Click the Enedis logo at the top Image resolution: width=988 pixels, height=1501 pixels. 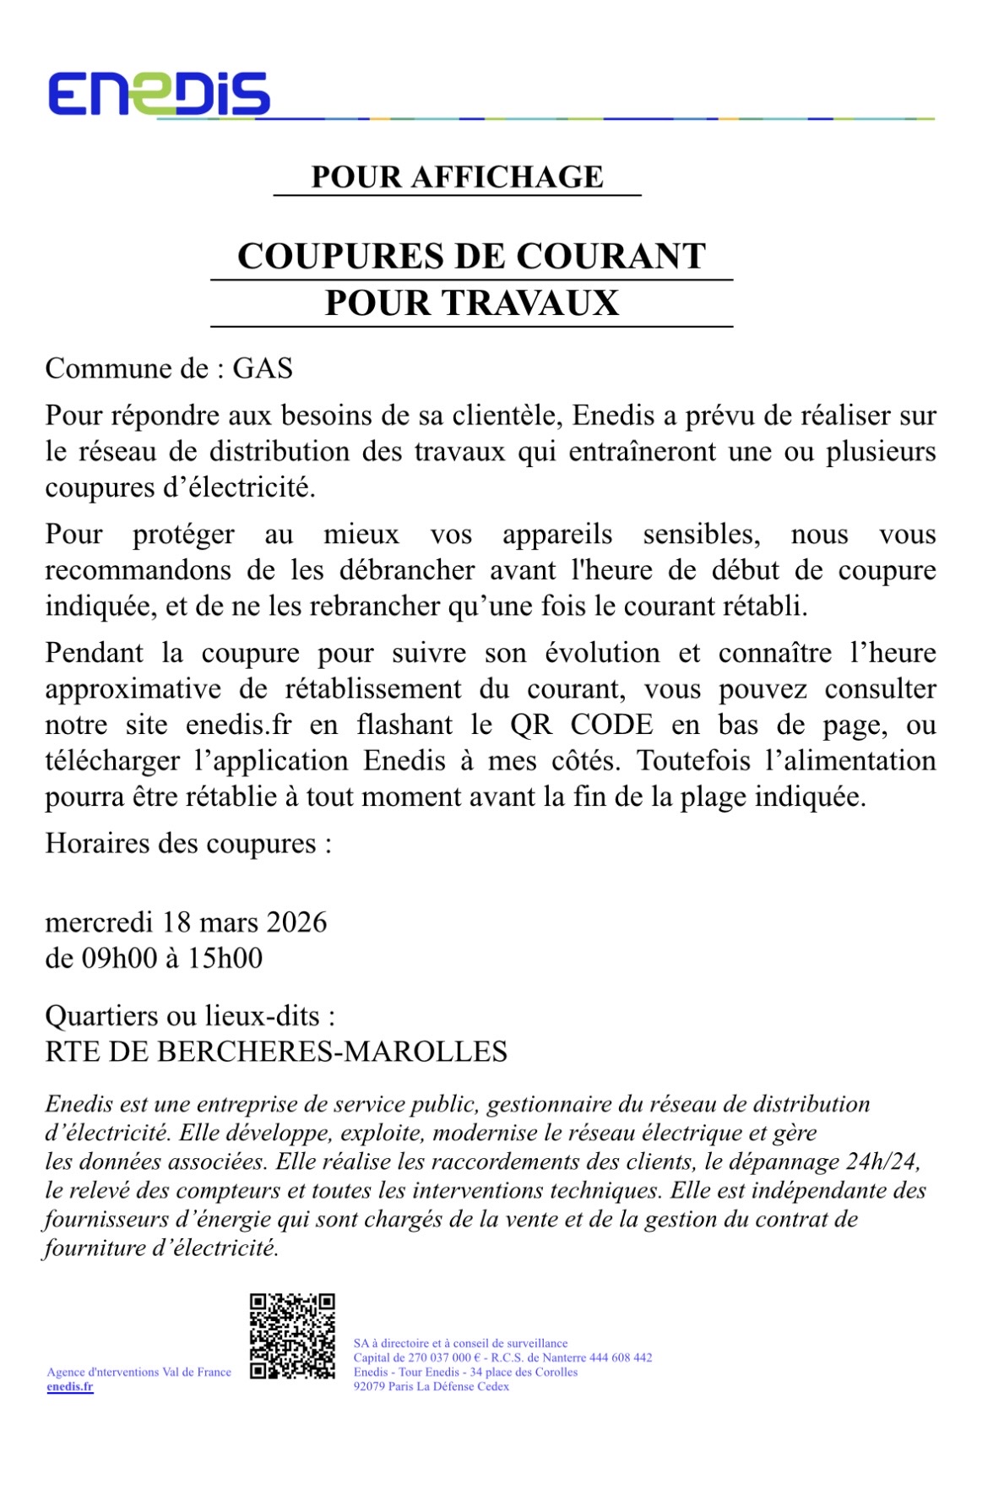pyautogui.click(x=159, y=93)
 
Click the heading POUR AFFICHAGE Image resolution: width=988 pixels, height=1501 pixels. pyautogui.click(x=457, y=177)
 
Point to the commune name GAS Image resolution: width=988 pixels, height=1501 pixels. pyautogui.click(x=263, y=369)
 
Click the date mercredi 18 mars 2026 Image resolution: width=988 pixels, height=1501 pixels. pyautogui.click(x=186, y=922)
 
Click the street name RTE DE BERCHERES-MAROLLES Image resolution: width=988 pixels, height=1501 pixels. pyautogui.click(x=276, y=1052)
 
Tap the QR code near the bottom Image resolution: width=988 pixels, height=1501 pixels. pyautogui.click(x=292, y=1335)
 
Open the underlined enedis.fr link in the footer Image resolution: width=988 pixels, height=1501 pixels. pyautogui.click(x=70, y=1386)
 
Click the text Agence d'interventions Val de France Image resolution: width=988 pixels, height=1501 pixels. pyautogui.click(x=139, y=1372)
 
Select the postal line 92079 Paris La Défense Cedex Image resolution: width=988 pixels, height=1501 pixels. pyautogui.click(x=431, y=1386)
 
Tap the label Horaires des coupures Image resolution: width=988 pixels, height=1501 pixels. pyautogui.click(x=187, y=844)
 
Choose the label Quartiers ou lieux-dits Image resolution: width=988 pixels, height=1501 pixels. pyautogui.click(x=189, y=1015)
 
